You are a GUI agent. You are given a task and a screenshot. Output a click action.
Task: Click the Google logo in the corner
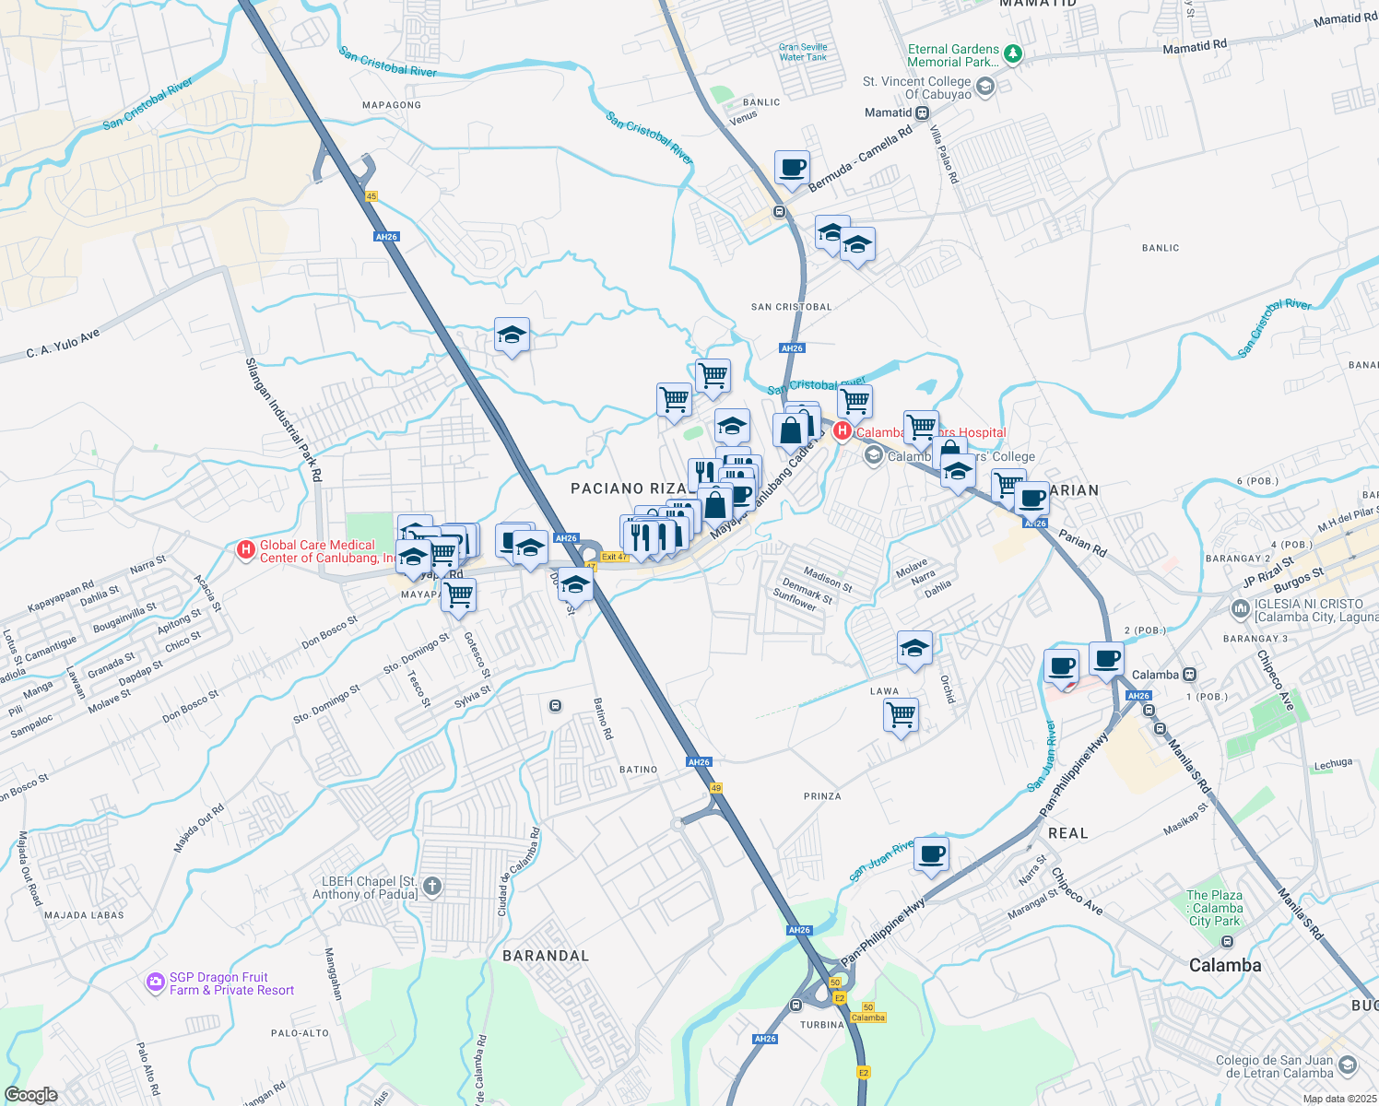pyautogui.click(x=31, y=1095)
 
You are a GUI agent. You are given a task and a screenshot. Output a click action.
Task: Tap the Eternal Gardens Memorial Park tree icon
pyautogui.click(x=1013, y=54)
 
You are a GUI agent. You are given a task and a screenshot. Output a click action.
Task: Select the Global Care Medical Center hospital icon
pyautogui.click(x=245, y=550)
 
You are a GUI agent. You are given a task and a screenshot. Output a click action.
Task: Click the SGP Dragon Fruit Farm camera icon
pyautogui.click(x=155, y=983)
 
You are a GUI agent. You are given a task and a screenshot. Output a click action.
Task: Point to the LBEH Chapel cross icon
pyautogui.click(x=431, y=887)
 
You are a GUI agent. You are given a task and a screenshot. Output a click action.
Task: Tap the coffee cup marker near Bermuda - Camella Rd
pyautogui.click(x=792, y=169)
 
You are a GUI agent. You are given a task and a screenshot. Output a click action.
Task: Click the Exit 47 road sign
pyautogui.click(x=614, y=557)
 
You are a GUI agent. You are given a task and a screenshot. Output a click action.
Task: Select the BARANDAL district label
pyautogui.click(x=545, y=956)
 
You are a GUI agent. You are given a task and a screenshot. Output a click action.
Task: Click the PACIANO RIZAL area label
pyautogui.click(x=628, y=488)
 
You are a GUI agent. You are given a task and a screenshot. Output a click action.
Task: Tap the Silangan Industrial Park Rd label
pyautogui.click(x=284, y=419)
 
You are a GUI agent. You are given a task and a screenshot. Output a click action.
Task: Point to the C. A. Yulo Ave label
pyautogui.click(x=63, y=345)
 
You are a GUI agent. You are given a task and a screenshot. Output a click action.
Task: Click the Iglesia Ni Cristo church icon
pyautogui.click(x=1241, y=609)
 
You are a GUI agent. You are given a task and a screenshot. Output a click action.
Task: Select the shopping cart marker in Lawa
pyautogui.click(x=901, y=714)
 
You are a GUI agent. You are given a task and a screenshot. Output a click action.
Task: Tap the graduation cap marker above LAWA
pyautogui.click(x=914, y=648)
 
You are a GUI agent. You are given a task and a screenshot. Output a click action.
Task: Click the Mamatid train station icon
pyautogui.click(x=922, y=112)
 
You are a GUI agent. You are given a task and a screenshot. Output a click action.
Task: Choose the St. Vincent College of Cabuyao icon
pyautogui.click(x=984, y=88)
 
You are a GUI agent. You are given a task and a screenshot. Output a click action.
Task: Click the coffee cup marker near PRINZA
pyautogui.click(x=931, y=854)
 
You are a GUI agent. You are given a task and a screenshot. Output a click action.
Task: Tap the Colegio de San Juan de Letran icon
pyautogui.click(x=1348, y=1066)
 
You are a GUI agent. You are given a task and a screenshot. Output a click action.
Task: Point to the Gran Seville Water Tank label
pyautogui.click(x=803, y=52)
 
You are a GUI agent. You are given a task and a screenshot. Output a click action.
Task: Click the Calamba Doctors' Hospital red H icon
pyautogui.click(x=842, y=431)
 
